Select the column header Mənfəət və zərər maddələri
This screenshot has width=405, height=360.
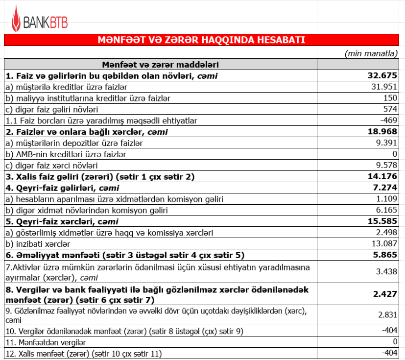click(x=160, y=64)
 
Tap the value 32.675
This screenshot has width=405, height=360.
click(x=382, y=75)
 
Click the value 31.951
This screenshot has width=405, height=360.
click(x=385, y=87)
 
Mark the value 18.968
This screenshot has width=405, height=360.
click(x=382, y=132)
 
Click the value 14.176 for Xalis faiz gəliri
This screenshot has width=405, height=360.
click(x=382, y=177)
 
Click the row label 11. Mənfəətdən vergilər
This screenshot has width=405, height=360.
click(x=45, y=342)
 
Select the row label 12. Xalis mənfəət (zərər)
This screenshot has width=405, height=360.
click(x=83, y=353)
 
